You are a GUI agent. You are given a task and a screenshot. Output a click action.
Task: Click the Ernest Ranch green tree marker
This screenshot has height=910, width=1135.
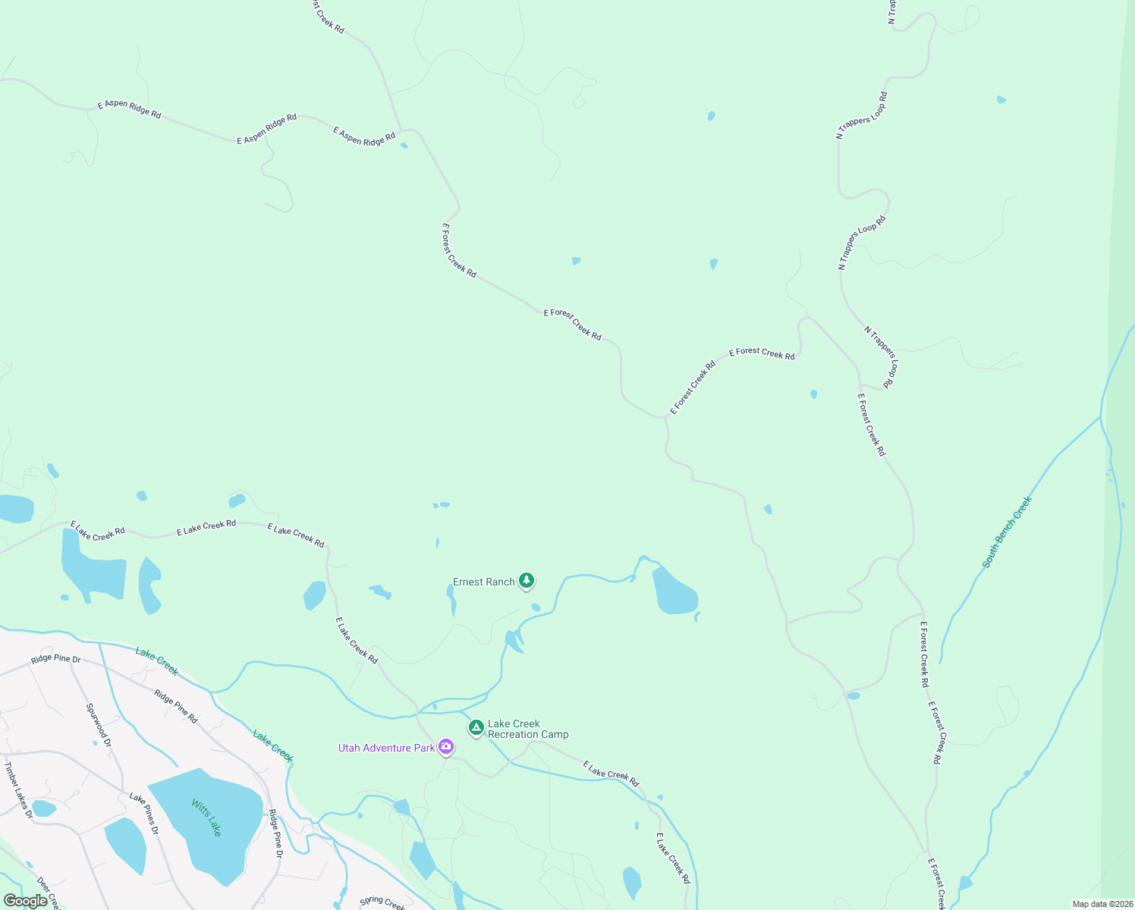click(527, 582)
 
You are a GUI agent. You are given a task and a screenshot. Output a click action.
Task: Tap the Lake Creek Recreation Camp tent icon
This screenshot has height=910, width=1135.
click(476, 728)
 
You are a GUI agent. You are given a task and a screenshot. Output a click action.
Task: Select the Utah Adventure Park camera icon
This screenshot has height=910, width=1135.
click(446, 748)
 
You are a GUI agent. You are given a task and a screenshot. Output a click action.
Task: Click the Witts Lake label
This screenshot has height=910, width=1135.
click(206, 817)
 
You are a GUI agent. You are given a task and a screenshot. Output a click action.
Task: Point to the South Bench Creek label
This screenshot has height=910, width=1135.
click(1007, 532)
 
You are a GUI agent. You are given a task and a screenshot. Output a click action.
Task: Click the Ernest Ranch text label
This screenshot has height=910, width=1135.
click(484, 582)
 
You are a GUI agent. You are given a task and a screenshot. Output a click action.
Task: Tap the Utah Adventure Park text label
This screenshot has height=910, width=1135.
click(386, 748)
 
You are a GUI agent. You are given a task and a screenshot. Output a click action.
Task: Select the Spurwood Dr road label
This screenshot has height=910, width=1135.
click(99, 725)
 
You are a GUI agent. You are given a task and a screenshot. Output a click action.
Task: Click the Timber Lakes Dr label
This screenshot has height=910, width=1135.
click(19, 790)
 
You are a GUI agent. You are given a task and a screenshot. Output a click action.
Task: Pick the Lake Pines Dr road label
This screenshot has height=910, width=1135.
click(144, 814)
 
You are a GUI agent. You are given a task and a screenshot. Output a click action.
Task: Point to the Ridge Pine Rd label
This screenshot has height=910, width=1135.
click(176, 706)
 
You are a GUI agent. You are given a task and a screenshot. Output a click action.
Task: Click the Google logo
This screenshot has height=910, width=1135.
click(26, 901)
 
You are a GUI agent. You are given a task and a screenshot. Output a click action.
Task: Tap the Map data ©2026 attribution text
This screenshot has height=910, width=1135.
click(1102, 904)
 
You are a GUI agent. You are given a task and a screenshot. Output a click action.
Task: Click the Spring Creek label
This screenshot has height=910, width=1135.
click(382, 902)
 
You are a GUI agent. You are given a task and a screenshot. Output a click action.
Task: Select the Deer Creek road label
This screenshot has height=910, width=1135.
click(48, 893)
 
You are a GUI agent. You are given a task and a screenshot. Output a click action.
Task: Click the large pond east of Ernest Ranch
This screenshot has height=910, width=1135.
click(673, 591)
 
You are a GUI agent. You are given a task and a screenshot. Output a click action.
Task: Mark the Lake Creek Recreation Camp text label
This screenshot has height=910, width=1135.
click(528, 729)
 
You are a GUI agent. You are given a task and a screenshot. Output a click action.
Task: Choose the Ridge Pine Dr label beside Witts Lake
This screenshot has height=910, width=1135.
click(276, 834)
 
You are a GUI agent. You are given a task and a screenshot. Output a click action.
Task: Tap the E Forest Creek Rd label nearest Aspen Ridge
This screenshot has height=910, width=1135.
click(459, 249)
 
